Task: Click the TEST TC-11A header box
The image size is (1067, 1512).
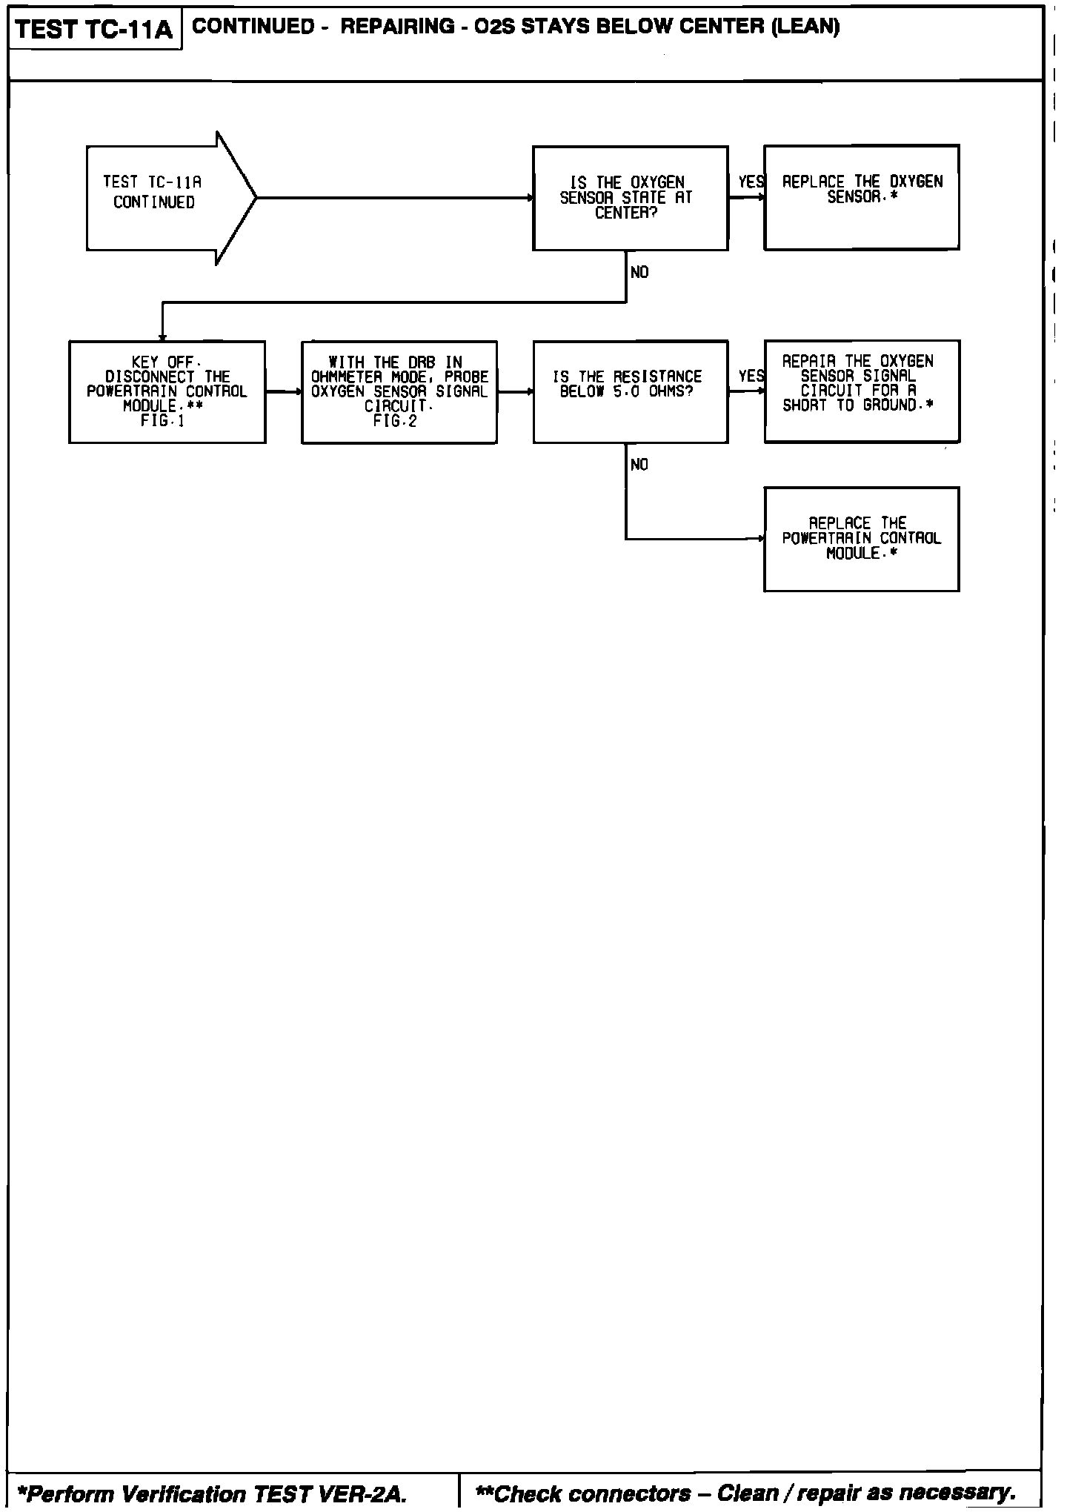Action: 94,29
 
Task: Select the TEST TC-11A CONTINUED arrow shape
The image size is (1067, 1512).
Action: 163,198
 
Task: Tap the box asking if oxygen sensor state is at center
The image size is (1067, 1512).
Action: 630,198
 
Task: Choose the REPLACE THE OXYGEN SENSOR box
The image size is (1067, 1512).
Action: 861,198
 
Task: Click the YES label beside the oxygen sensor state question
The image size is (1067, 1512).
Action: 751,182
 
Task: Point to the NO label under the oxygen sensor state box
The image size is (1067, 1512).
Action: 639,273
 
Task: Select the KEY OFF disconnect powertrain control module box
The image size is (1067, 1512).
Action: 167,392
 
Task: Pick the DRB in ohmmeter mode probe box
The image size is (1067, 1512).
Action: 399,392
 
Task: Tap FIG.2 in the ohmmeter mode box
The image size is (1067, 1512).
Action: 395,421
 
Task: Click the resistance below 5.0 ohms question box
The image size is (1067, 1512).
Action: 630,392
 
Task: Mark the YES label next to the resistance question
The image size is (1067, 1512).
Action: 751,377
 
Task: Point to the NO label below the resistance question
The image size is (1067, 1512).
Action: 639,465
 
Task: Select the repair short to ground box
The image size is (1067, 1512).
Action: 861,391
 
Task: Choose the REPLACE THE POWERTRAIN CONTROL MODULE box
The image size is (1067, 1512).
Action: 861,539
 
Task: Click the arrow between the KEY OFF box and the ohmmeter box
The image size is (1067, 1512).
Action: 283,392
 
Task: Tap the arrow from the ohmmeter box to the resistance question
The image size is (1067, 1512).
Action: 515,392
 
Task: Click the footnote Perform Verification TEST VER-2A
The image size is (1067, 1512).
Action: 212,1493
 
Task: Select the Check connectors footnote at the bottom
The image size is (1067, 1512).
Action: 745,1492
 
